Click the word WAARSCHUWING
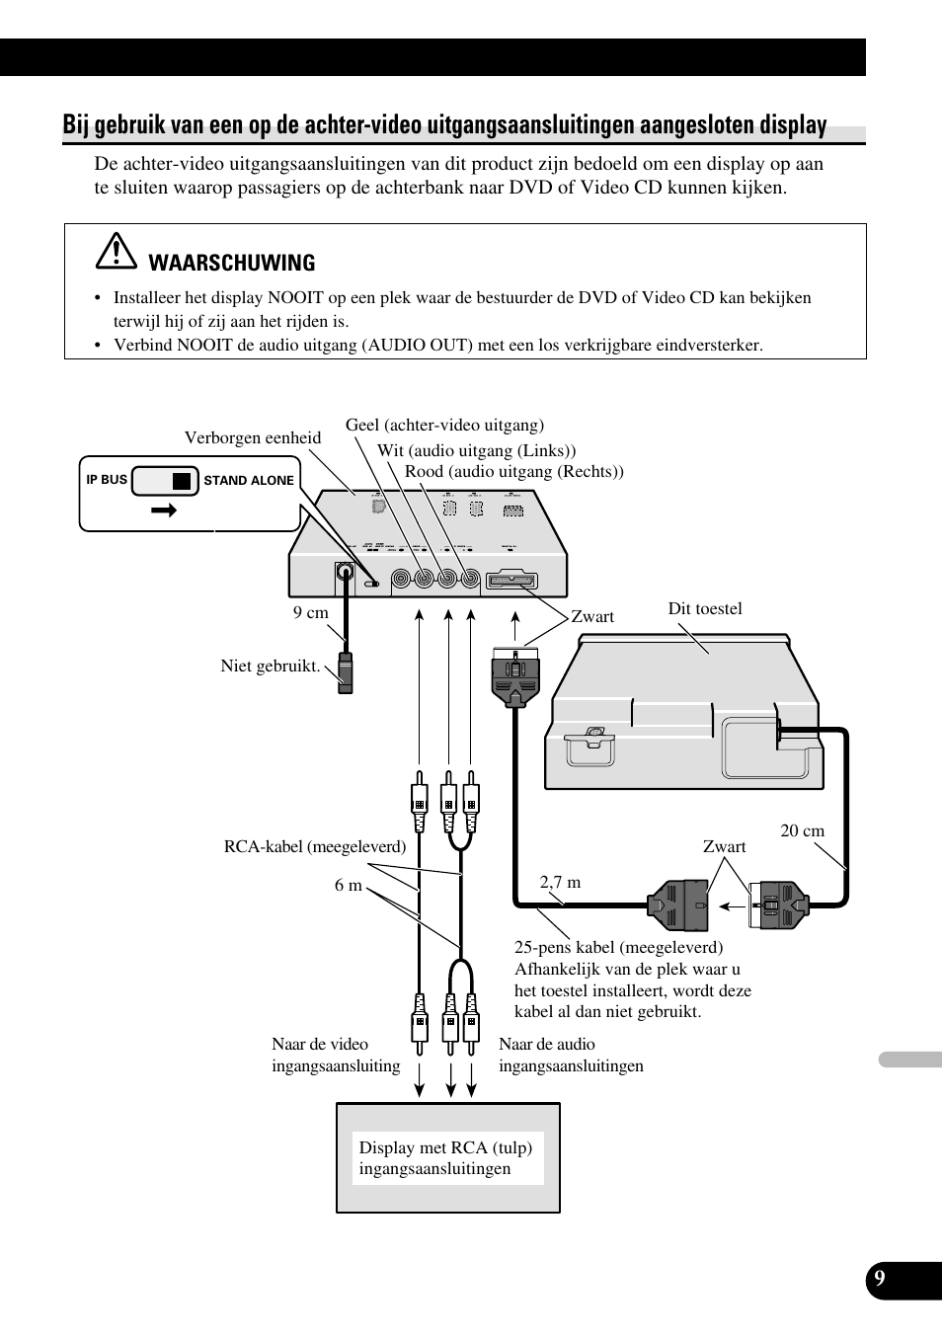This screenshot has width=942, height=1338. pos(232,263)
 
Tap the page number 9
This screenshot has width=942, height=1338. pos(879,1279)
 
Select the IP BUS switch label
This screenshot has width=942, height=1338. pos(107,480)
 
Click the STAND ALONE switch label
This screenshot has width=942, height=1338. pos(249,481)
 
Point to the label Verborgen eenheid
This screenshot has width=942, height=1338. pos(253,437)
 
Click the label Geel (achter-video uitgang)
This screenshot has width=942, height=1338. pos(444,425)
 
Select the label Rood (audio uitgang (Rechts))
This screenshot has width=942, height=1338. pos(513,471)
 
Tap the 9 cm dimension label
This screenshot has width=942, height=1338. pos(310,612)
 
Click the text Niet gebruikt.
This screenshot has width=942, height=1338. pos(271,666)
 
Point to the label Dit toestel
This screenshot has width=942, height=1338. pos(705,608)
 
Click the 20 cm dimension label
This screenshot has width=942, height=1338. pos(802,830)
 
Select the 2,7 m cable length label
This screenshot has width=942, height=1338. pos(560,882)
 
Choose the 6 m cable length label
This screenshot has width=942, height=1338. pos(348,885)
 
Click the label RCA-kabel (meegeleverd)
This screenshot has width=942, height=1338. pos(315,846)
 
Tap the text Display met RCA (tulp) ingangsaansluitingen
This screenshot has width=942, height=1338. pos(446,1157)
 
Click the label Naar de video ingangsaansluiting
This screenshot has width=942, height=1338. pos(336,1055)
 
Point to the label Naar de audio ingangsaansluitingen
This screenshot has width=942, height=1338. pos(571,1055)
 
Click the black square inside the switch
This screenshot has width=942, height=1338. pos(181,481)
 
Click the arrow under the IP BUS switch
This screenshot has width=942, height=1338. pos(164,511)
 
